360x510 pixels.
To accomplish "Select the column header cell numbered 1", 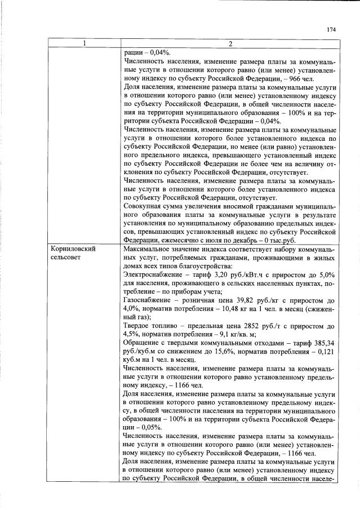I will [84, 44].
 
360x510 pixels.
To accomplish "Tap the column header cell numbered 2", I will [229, 44].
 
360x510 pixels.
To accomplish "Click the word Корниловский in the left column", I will [72, 249].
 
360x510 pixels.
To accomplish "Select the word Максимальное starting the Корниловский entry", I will [148, 249].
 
